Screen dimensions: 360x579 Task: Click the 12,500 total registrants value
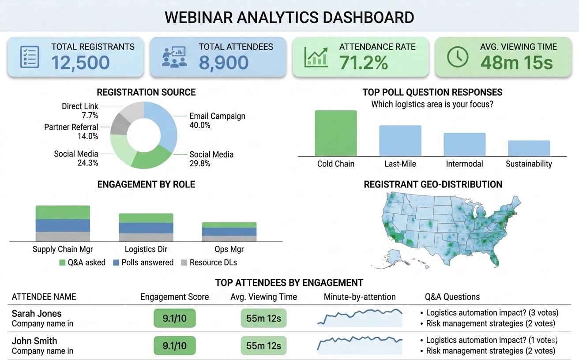click(x=80, y=63)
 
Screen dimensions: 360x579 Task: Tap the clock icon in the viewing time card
click(x=458, y=57)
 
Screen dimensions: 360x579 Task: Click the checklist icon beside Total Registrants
click(x=30, y=57)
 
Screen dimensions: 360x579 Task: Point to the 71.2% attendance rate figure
click(x=364, y=63)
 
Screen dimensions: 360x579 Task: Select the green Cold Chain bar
click(x=335, y=133)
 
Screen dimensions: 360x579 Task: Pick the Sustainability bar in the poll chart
click(x=529, y=148)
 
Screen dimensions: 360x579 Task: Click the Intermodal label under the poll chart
click(x=464, y=164)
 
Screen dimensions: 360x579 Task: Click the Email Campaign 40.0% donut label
click(x=217, y=120)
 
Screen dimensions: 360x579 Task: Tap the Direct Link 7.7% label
click(x=80, y=111)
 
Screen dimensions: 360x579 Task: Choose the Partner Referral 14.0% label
click(x=71, y=131)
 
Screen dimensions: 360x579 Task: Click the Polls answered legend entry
click(x=143, y=262)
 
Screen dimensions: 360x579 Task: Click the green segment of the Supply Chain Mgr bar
click(x=63, y=212)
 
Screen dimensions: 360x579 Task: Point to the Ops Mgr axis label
click(x=229, y=249)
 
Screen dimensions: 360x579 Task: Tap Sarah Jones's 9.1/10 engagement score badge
click(x=174, y=318)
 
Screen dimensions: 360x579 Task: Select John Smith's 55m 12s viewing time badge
click(x=263, y=345)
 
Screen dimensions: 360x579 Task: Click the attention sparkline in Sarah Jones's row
click(x=360, y=318)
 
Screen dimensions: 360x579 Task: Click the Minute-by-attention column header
click(x=360, y=297)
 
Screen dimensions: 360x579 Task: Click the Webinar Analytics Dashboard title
click(x=289, y=17)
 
